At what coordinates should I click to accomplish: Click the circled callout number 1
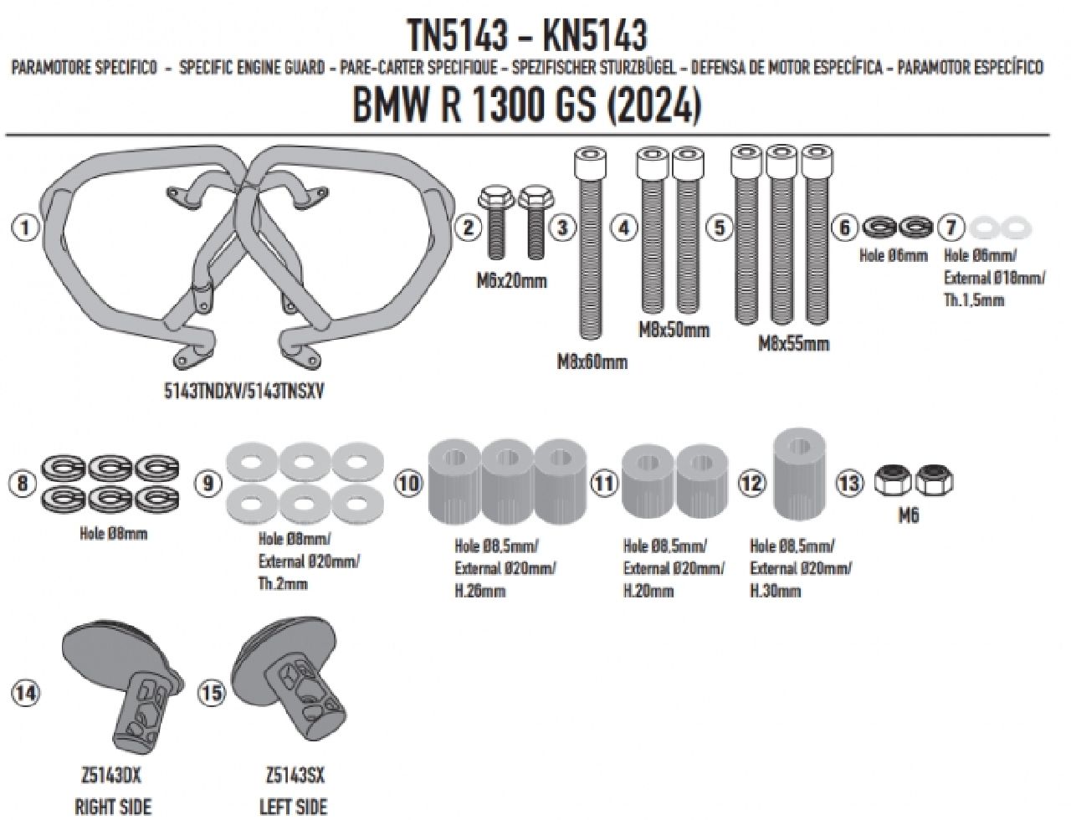point(28,228)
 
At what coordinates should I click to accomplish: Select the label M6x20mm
point(512,280)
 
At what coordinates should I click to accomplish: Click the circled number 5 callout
point(720,228)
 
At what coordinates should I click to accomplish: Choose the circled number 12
point(751,483)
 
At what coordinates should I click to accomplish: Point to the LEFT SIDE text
point(294,807)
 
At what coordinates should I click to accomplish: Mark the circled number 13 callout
point(848,483)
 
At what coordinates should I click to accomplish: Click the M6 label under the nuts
point(909,516)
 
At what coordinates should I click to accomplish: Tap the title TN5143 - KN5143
point(526,36)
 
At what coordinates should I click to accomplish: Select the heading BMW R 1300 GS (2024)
point(526,106)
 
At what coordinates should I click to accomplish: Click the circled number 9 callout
point(208,483)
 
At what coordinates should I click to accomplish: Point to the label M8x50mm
point(674,330)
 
